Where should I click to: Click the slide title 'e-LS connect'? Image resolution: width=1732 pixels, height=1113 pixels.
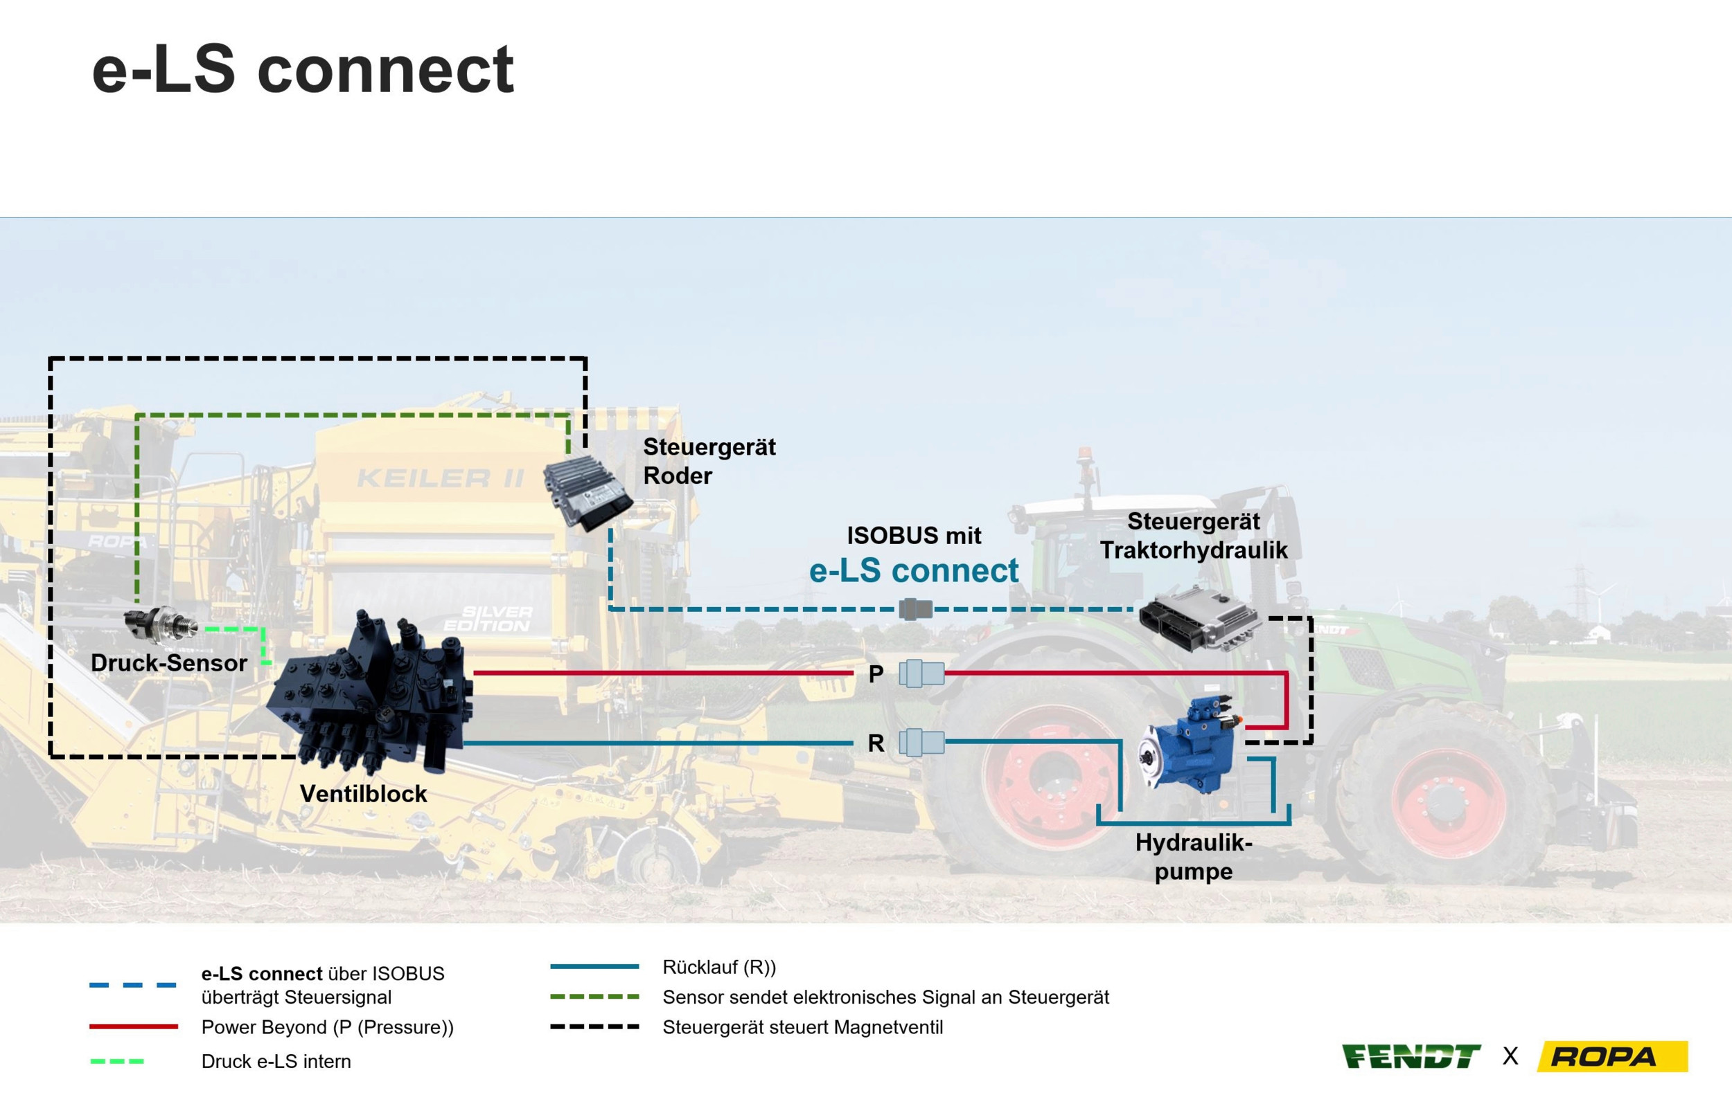[302, 69]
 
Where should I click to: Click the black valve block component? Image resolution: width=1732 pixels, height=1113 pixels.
[373, 694]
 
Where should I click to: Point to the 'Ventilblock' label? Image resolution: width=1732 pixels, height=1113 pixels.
[363, 793]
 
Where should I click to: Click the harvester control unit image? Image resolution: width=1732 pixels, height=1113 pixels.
[587, 494]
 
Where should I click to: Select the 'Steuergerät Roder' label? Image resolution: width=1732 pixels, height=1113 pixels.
[709, 461]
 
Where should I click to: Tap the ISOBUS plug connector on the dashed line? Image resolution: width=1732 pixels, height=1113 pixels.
[916, 609]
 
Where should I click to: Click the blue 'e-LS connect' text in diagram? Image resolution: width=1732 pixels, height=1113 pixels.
[913, 571]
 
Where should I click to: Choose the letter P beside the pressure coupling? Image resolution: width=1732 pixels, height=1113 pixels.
[876, 674]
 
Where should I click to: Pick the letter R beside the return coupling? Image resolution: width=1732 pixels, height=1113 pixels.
[876, 743]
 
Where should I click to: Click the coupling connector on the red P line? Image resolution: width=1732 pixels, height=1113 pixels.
[921, 673]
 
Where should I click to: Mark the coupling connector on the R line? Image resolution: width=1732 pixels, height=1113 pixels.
[921, 742]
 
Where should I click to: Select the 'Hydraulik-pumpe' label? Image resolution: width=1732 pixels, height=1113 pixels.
[1193, 856]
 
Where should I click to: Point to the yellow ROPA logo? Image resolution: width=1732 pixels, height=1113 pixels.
[1612, 1057]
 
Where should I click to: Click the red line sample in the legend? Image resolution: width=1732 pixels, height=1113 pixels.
[134, 1026]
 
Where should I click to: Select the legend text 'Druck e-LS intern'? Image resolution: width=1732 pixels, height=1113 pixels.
[276, 1061]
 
